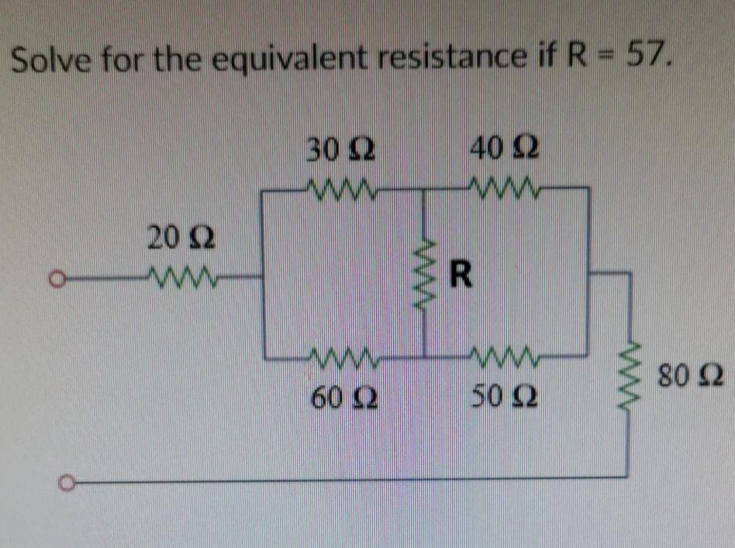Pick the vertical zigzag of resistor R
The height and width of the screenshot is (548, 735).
pos(425,272)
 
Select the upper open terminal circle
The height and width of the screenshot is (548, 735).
pos(55,276)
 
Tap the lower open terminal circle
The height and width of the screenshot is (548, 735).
pos(67,484)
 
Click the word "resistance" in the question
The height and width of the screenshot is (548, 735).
pos(440,57)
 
